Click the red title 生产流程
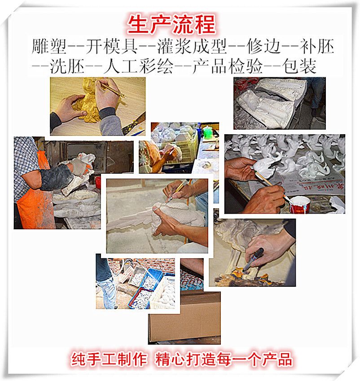(171, 24)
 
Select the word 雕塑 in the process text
(49, 46)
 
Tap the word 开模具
(111, 46)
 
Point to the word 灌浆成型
(192, 46)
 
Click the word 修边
(264, 46)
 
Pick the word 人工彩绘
(138, 66)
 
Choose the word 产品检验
(228, 66)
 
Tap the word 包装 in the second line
(299, 66)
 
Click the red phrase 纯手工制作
(109, 359)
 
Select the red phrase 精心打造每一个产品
(224, 359)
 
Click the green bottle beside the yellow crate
(207, 133)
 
